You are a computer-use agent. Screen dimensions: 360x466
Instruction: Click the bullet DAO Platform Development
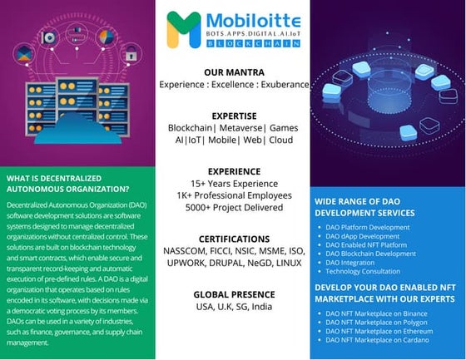coord(367,227)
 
